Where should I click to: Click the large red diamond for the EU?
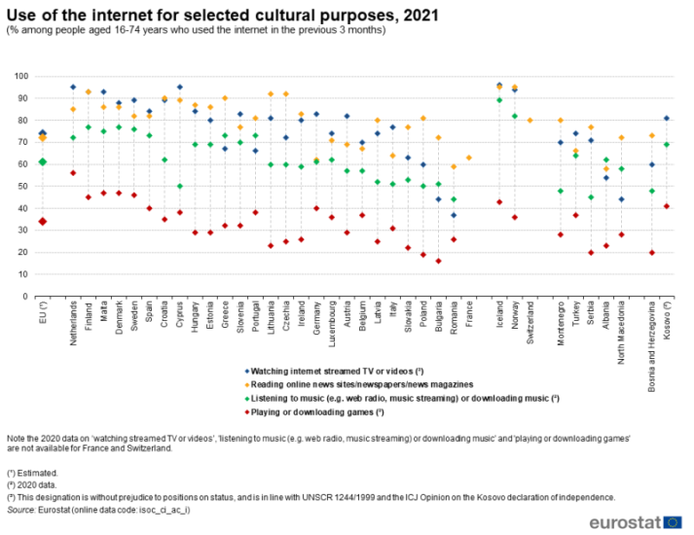click(42, 222)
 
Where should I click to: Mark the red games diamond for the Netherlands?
click(73, 173)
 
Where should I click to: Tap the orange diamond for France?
click(469, 158)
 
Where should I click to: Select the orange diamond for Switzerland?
click(530, 121)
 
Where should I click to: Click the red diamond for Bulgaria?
click(438, 261)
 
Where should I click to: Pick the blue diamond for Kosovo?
click(667, 119)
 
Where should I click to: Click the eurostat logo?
click(637, 521)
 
